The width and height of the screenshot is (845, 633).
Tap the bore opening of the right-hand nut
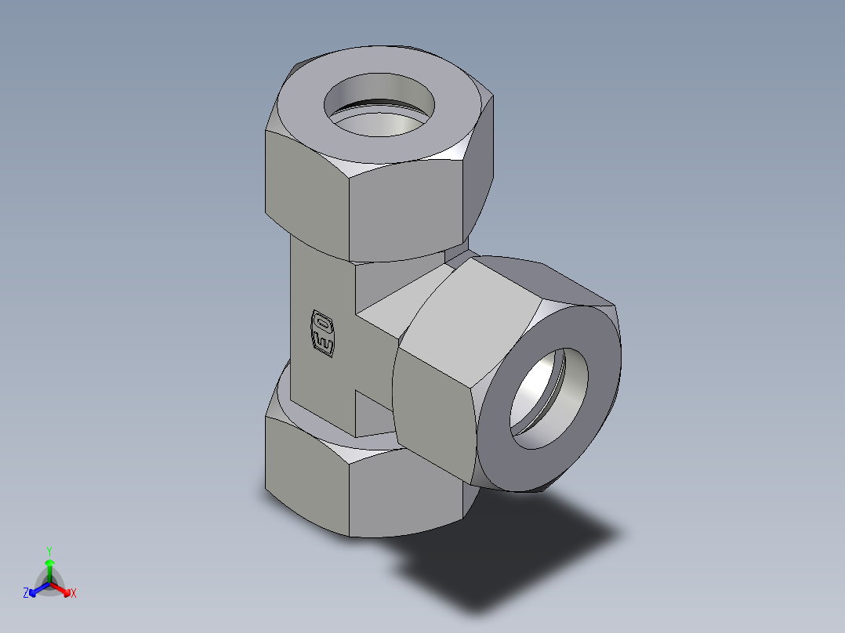pos(549,400)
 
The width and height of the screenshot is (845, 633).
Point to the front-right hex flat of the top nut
pos(408,212)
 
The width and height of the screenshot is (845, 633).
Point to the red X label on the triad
pos(74,593)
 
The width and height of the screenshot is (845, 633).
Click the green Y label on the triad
pos(49,550)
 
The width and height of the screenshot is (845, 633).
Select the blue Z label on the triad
pos(26,593)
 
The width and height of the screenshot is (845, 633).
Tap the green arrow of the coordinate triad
pos(49,568)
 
